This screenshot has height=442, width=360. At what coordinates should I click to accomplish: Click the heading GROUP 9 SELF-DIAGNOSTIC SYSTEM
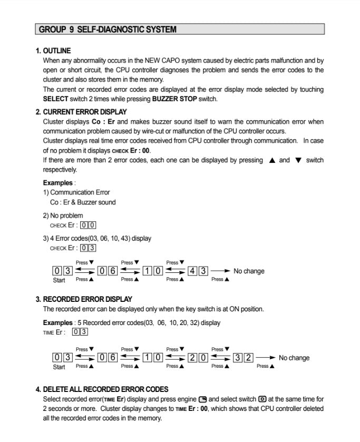[x=108, y=30]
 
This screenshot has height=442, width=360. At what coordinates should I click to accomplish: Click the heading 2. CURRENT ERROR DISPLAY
[x=81, y=112]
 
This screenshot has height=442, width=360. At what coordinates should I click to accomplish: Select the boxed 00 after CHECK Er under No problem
[x=87, y=225]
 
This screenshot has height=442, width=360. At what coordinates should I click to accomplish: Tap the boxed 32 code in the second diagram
[x=243, y=358]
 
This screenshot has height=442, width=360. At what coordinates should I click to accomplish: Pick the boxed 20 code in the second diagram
[x=198, y=358]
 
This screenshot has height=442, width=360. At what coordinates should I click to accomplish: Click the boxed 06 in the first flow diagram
[x=108, y=271]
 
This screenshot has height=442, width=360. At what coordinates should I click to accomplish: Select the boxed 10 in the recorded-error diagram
[x=153, y=358]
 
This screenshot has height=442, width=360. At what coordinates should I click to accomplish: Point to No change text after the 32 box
[x=294, y=358]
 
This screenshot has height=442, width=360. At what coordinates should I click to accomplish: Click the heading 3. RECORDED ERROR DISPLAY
[x=84, y=299]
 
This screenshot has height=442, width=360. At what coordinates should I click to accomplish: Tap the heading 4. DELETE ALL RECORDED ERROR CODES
[x=102, y=389]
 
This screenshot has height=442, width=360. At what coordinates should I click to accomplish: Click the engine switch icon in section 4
[x=202, y=399]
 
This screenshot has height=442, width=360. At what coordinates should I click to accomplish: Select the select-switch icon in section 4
[x=262, y=399]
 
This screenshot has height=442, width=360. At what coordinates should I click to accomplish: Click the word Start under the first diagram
[x=59, y=280]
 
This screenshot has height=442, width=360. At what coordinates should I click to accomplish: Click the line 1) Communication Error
[x=76, y=192]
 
